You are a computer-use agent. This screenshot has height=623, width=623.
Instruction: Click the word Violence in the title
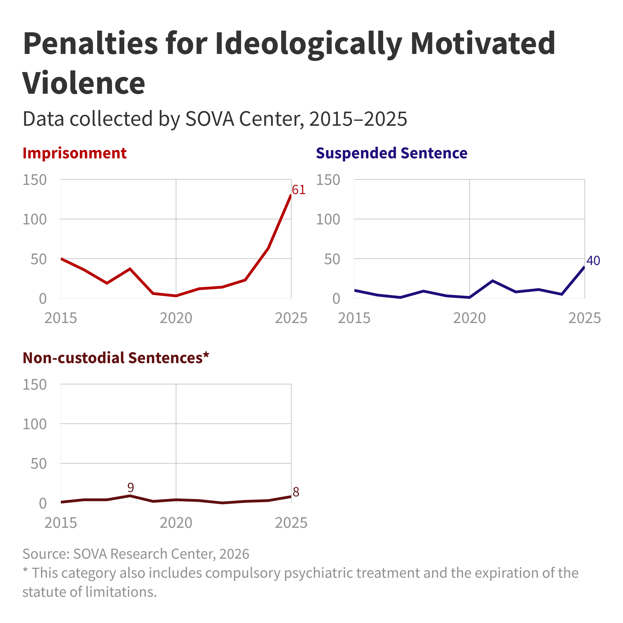pos(84,83)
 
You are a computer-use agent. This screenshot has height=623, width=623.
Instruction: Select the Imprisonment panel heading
pos(74,153)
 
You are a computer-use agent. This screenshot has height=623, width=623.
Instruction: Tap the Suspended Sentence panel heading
pos(391,153)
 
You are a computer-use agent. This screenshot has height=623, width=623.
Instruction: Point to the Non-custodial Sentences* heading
pos(116,358)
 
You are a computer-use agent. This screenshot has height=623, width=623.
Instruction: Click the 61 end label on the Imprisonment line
pos(299,190)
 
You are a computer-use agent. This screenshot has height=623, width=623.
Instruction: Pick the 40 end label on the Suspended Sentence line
pos(593,260)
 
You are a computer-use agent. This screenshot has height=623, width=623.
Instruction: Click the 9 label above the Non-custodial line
pos(131,487)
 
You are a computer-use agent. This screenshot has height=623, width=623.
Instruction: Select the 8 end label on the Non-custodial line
pos(296,492)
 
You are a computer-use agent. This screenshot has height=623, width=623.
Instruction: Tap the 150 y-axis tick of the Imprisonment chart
pos(35,180)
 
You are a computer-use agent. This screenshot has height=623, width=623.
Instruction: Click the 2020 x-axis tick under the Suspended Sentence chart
pos(469,318)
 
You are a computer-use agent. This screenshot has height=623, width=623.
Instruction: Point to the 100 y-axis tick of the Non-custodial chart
pos(35,424)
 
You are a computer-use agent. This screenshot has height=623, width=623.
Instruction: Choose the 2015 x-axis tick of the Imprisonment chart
pos(61,318)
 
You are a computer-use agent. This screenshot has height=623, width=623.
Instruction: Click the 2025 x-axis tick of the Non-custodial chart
pos(291,523)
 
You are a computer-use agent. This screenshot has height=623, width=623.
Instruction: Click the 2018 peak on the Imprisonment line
pos(130,269)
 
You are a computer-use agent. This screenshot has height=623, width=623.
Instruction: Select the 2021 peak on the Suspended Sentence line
pos(492,281)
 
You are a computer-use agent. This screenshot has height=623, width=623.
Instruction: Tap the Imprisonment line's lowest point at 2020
pos(176,296)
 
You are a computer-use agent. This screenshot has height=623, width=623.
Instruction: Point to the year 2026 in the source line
pos(234,554)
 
